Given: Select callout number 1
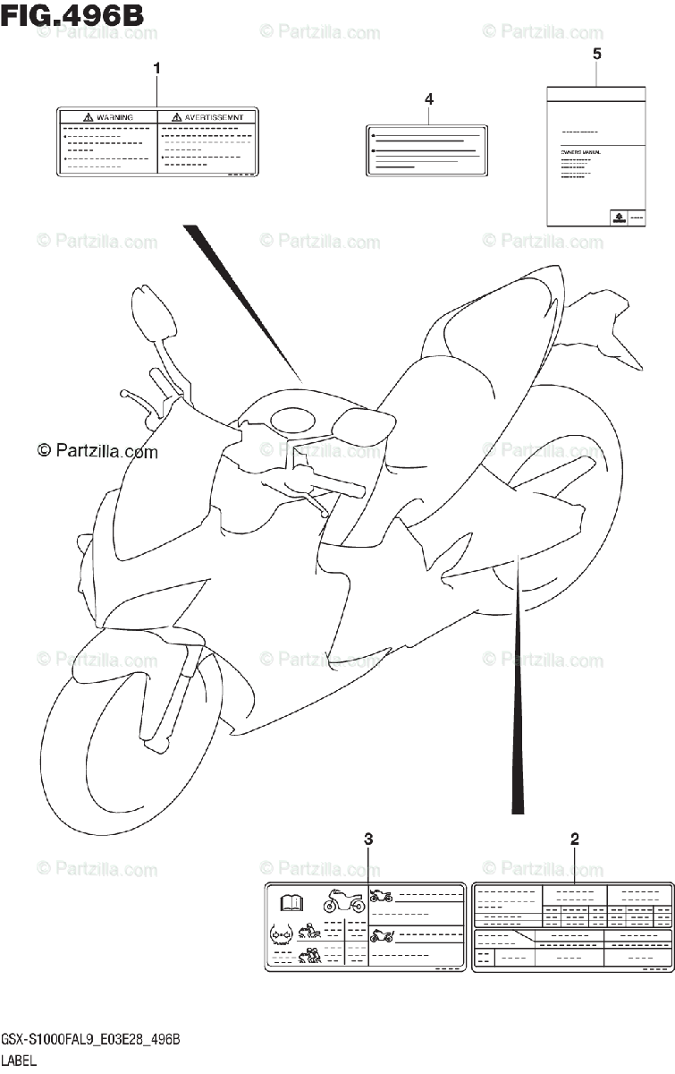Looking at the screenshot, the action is (x=157, y=68).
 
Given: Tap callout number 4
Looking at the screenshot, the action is (x=429, y=98).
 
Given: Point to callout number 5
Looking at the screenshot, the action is (x=596, y=54).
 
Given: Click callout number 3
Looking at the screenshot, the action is (x=367, y=839).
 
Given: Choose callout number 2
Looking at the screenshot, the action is (x=574, y=839).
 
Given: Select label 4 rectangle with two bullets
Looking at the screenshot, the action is (x=426, y=149).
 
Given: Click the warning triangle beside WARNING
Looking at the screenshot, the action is (x=88, y=117).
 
